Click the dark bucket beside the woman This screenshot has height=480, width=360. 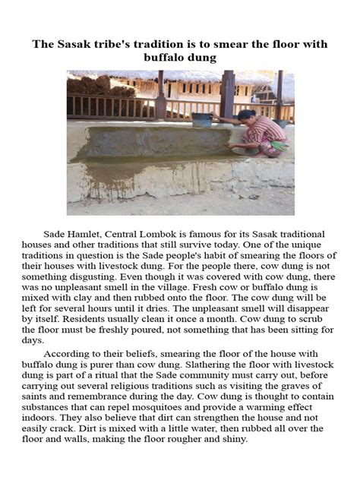pos(203,120)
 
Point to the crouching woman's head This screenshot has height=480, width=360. pos(248,116)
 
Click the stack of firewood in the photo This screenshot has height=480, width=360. pos(90,86)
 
